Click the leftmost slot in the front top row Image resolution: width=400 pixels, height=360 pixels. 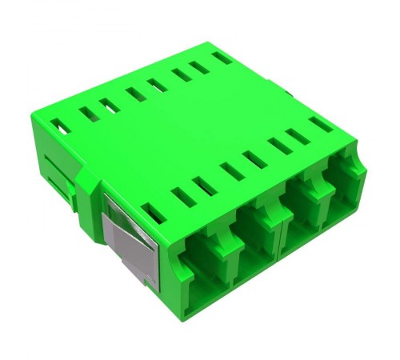[x=152, y=211]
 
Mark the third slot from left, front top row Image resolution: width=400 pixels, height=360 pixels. [x=205, y=185]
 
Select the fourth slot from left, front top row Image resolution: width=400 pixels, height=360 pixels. [x=232, y=171]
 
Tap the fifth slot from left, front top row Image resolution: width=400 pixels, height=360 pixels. [x=256, y=159]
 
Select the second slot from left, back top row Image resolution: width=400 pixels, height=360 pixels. [x=89, y=114]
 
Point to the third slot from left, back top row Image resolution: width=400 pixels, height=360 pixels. [x=110, y=105]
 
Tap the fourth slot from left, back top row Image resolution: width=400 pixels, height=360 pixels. [x=136, y=94]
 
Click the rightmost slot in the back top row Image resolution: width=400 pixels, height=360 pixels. [x=222, y=58]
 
